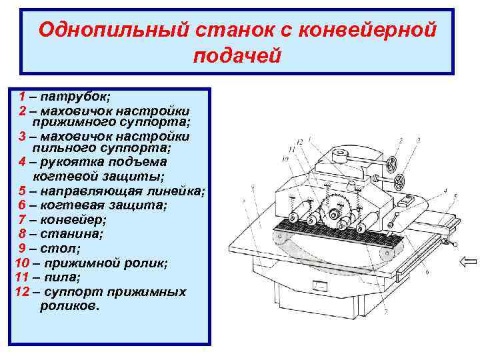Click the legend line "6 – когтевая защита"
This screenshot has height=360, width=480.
[x=84, y=205]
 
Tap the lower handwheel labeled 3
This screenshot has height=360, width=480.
[x=402, y=181]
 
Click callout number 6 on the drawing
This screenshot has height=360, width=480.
[x=427, y=271]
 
